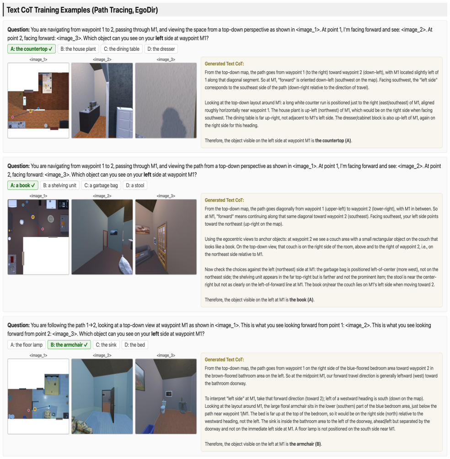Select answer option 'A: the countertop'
click(32, 49)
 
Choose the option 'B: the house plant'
click(78, 49)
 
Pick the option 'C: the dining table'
click(122, 49)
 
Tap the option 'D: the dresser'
click(161, 49)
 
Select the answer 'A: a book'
click(23, 185)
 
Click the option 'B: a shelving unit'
click(60, 185)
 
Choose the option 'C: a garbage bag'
click(101, 185)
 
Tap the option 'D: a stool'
click(135, 185)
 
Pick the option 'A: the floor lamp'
click(27, 345)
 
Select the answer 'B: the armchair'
click(70, 345)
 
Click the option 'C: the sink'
click(106, 345)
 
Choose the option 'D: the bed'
click(135, 345)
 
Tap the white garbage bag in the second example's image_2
click(126, 265)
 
